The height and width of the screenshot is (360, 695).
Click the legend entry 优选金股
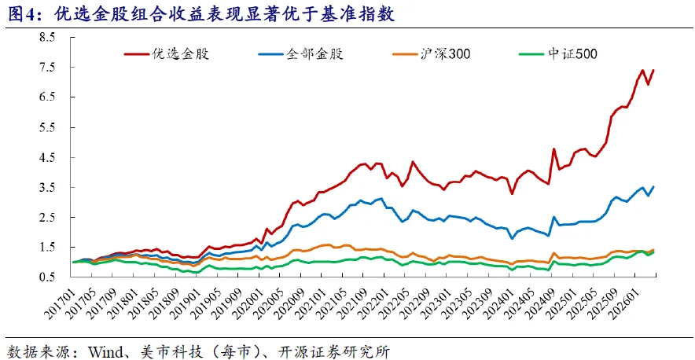point(166,54)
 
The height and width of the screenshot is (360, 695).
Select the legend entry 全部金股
point(300,54)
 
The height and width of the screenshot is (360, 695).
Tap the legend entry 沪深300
point(432,54)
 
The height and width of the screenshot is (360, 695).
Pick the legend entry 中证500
point(557,54)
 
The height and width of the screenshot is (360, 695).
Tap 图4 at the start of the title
point(20,15)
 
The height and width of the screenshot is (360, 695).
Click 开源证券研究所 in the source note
point(347,352)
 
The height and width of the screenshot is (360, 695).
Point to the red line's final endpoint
point(654,70)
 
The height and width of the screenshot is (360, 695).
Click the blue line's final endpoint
point(654,186)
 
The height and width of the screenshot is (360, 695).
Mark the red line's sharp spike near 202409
point(553,149)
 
